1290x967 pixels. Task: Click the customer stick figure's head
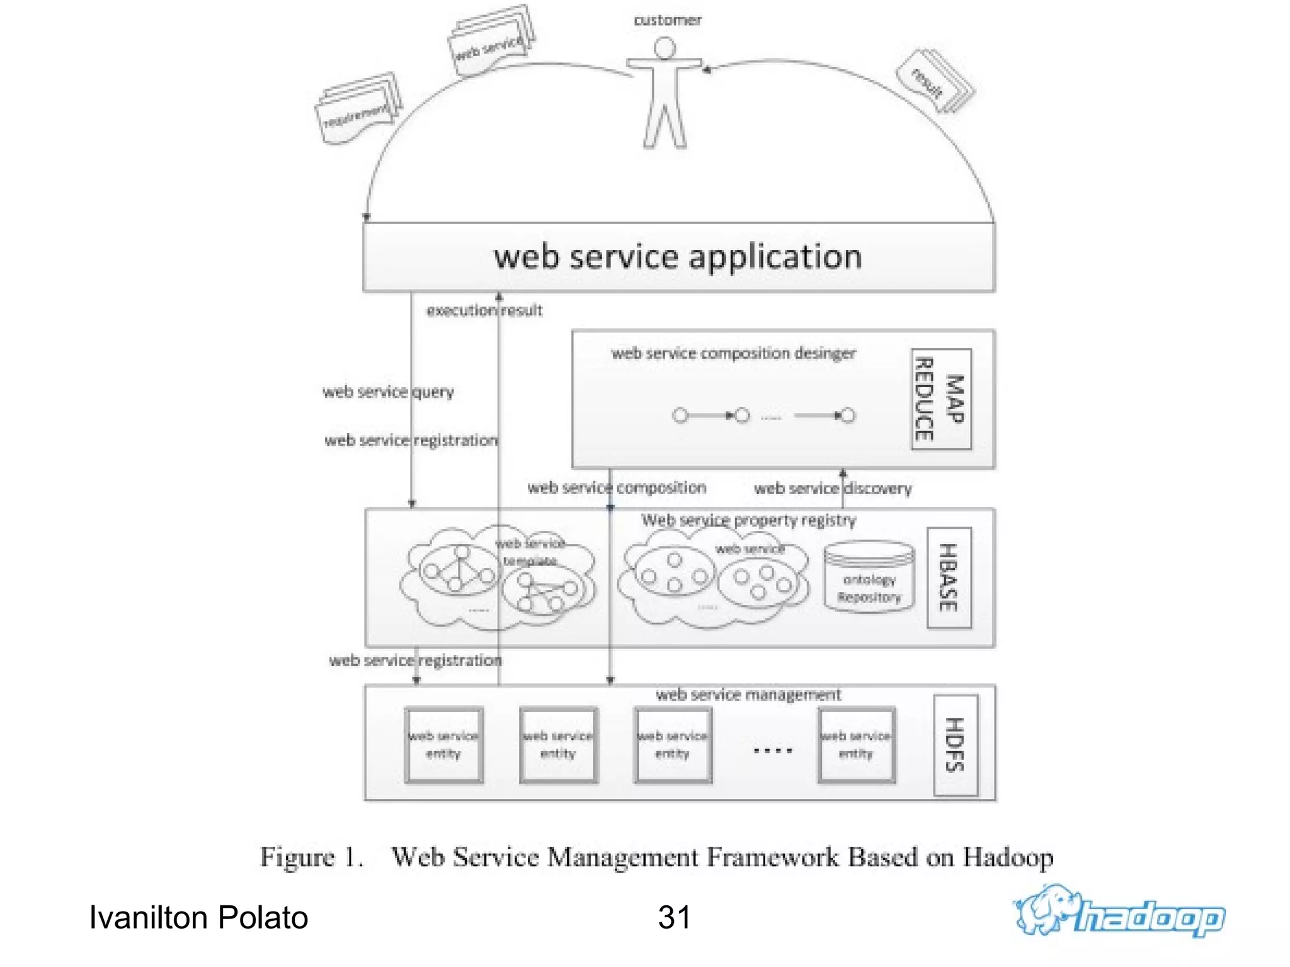(x=665, y=48)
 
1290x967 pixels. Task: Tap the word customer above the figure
(x=667, y=20)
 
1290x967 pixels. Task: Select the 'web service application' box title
(x=678, y=257)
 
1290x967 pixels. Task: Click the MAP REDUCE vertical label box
(x=941, y=399)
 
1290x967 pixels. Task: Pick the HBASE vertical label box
(x=949, y=577)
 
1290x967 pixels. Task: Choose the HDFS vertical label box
(x=955, y=745)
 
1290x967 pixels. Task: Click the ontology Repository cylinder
(x=869, y=577)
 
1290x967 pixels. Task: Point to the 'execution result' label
(x=484, y=310)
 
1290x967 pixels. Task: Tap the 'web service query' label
(x=388, y=392)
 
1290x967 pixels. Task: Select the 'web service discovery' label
(x=832, y=489)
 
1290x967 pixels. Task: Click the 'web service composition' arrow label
(x=617, y=488)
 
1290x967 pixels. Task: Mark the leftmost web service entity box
(x=444, y=745)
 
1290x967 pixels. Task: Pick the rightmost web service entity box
(x=856, y=745)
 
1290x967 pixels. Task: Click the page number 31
(x=674, y=917)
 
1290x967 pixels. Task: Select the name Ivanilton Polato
(x=198, y=917)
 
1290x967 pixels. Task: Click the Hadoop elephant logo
(x=1119, y=911)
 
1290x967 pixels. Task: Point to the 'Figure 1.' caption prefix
(x=312, y=857)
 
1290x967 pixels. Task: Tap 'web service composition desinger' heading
(x=733, y=353)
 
